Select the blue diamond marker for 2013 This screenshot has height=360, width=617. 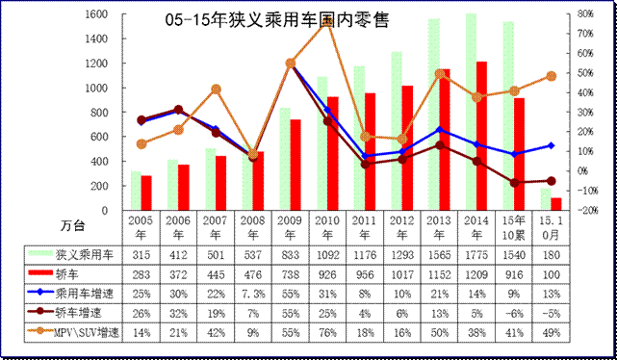(440, 129)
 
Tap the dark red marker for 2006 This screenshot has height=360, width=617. (178, 110)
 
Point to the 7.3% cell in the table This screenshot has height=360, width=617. (253, 293)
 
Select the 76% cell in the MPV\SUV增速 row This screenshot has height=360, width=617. (327, 331)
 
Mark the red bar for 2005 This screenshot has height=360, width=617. (146, 192)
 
